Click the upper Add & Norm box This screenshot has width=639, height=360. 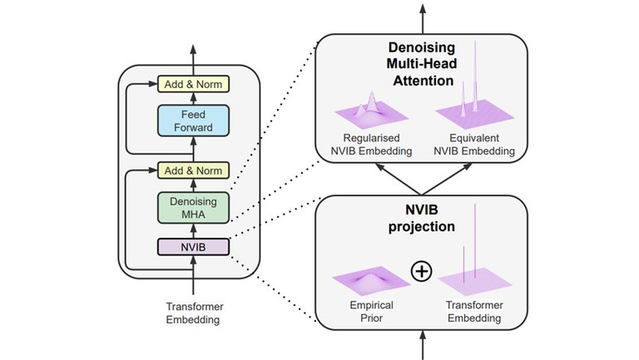click(x=193, y=84)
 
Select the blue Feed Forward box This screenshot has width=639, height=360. click(x=193, y=121)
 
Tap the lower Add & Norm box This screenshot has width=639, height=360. click(x=193, y=170)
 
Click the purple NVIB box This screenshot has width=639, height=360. click(x=193, y=247)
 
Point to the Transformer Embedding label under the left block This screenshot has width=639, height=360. click(x=194, y=313)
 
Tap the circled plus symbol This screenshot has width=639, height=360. click(x=423, y=271)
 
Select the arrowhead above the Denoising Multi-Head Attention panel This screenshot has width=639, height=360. click(x=423, y=8)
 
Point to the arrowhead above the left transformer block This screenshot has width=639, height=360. click(x=193, y=48)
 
